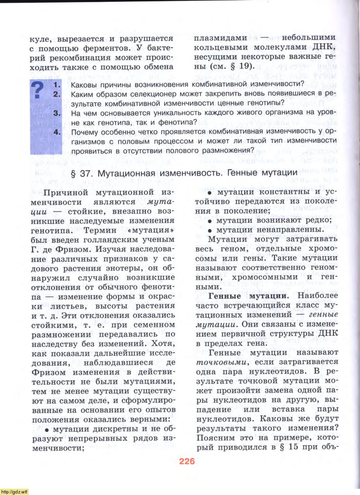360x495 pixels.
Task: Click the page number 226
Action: coord(187,462)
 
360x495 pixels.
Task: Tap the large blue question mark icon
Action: coord(38,90)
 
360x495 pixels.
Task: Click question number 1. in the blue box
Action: coord(57,84)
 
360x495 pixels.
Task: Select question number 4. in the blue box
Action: coord(57,132)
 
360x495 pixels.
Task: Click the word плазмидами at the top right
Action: coord(220,38)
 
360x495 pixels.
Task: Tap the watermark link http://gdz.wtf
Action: coord(14,492)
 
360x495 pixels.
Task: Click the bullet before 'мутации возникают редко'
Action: coord(210,221)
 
